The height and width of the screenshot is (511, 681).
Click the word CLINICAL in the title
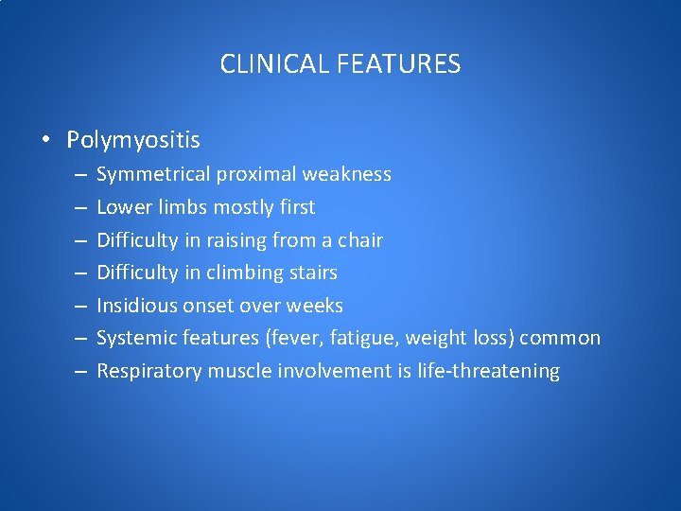271,64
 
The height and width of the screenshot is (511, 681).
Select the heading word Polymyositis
133,140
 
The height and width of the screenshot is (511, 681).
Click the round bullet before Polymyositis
45,141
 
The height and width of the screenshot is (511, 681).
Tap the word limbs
183,207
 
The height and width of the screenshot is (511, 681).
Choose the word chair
360,240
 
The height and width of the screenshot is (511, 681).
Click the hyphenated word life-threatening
488,371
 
